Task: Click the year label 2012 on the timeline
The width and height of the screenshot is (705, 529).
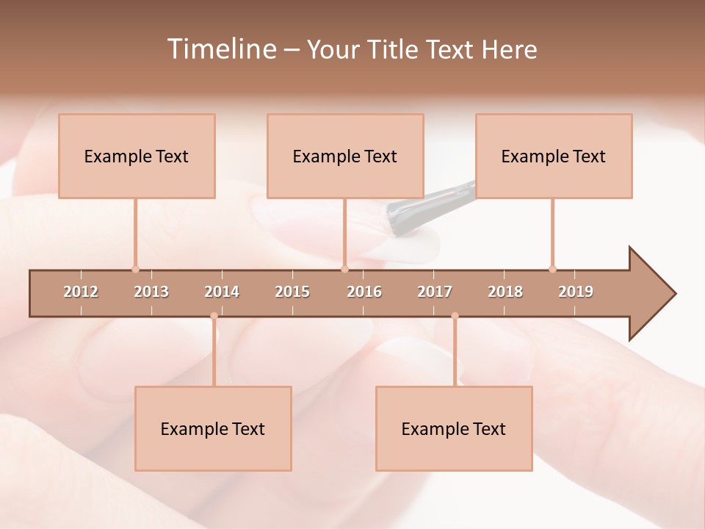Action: click(x=81, y=292)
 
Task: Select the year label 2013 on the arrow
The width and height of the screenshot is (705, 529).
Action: click(x=151, y=292)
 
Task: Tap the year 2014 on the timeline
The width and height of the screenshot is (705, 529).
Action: click(x=222, y=292)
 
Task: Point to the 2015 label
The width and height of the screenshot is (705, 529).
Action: click(x=292, y=292)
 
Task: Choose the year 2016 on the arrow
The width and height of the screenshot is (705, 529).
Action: click(x=364, y=292)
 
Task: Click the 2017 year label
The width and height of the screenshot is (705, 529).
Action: click(x=435, y=292)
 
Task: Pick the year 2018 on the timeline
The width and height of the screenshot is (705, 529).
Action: click(x=505, y=292)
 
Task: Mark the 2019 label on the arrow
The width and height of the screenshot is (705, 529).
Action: click(x=576, y=292)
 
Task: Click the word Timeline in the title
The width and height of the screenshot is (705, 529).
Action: click(x=220, y=49)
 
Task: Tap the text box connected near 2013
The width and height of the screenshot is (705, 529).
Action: click(x=137, y=156)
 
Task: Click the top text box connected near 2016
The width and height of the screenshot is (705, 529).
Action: click(x=345, y=156)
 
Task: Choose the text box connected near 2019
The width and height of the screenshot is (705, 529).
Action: click(x=554, y=156)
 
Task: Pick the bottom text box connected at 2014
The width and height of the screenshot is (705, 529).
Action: click(x=213, y=428)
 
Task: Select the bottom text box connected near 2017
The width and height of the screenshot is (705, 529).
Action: click(x=454, y=428)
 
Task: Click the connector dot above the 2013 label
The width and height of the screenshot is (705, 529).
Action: click(x=135, y=269)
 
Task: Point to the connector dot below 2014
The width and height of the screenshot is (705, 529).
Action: click(x=214, y=316)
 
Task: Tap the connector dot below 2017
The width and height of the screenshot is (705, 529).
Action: click(x=455, y=316)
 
